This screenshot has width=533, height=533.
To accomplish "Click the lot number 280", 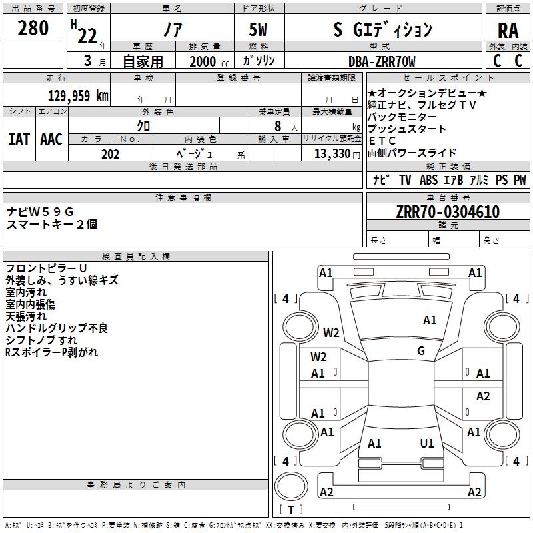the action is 33,28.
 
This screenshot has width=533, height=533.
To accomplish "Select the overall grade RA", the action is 508,31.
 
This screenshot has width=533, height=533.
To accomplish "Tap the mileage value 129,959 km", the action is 78,96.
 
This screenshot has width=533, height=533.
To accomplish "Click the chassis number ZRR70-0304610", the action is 448,212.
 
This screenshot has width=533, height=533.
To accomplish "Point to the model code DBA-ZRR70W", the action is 382,61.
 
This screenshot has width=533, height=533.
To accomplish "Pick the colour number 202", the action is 111,154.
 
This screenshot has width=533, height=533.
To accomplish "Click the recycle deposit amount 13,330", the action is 332,154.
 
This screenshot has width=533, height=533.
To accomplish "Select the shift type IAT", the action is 19,139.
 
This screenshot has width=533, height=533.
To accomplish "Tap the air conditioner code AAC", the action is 51,139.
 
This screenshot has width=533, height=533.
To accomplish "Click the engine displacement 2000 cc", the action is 209,61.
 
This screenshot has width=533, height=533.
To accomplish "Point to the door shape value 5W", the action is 258,29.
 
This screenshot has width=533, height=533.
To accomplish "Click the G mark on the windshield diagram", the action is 421,351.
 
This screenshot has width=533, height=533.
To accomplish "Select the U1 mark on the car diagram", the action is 427,444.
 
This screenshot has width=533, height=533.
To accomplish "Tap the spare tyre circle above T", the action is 291,486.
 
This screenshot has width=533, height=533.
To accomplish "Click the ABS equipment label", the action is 428,180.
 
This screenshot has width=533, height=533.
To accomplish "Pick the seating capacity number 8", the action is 278,126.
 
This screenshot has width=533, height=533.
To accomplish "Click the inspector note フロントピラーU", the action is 46,268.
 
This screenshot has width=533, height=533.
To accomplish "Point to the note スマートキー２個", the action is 52,225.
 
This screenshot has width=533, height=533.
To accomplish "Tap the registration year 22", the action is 87,35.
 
